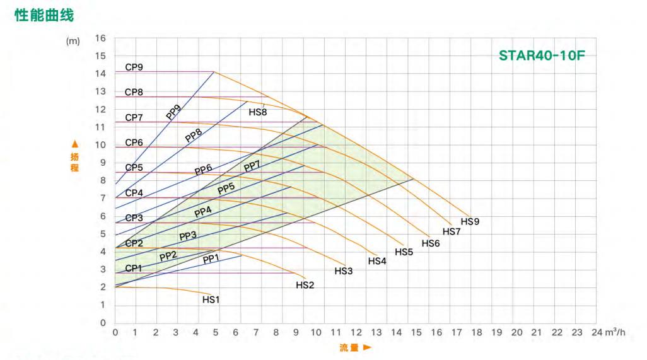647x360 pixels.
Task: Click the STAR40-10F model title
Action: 542,55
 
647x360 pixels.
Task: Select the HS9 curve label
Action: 470,222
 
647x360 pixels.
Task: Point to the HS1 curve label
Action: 211,299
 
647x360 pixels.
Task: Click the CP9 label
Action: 134,67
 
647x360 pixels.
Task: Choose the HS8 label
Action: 258,112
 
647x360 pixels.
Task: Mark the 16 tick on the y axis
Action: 100,38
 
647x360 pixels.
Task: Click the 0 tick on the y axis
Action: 103,323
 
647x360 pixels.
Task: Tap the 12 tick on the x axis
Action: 356,332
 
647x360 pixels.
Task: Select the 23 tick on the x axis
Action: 577,332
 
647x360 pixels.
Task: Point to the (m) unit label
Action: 73,41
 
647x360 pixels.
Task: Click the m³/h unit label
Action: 614,332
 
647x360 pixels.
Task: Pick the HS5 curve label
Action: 404,252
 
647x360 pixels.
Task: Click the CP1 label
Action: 134,268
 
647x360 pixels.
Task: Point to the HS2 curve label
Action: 305,285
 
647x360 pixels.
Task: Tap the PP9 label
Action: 173,112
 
